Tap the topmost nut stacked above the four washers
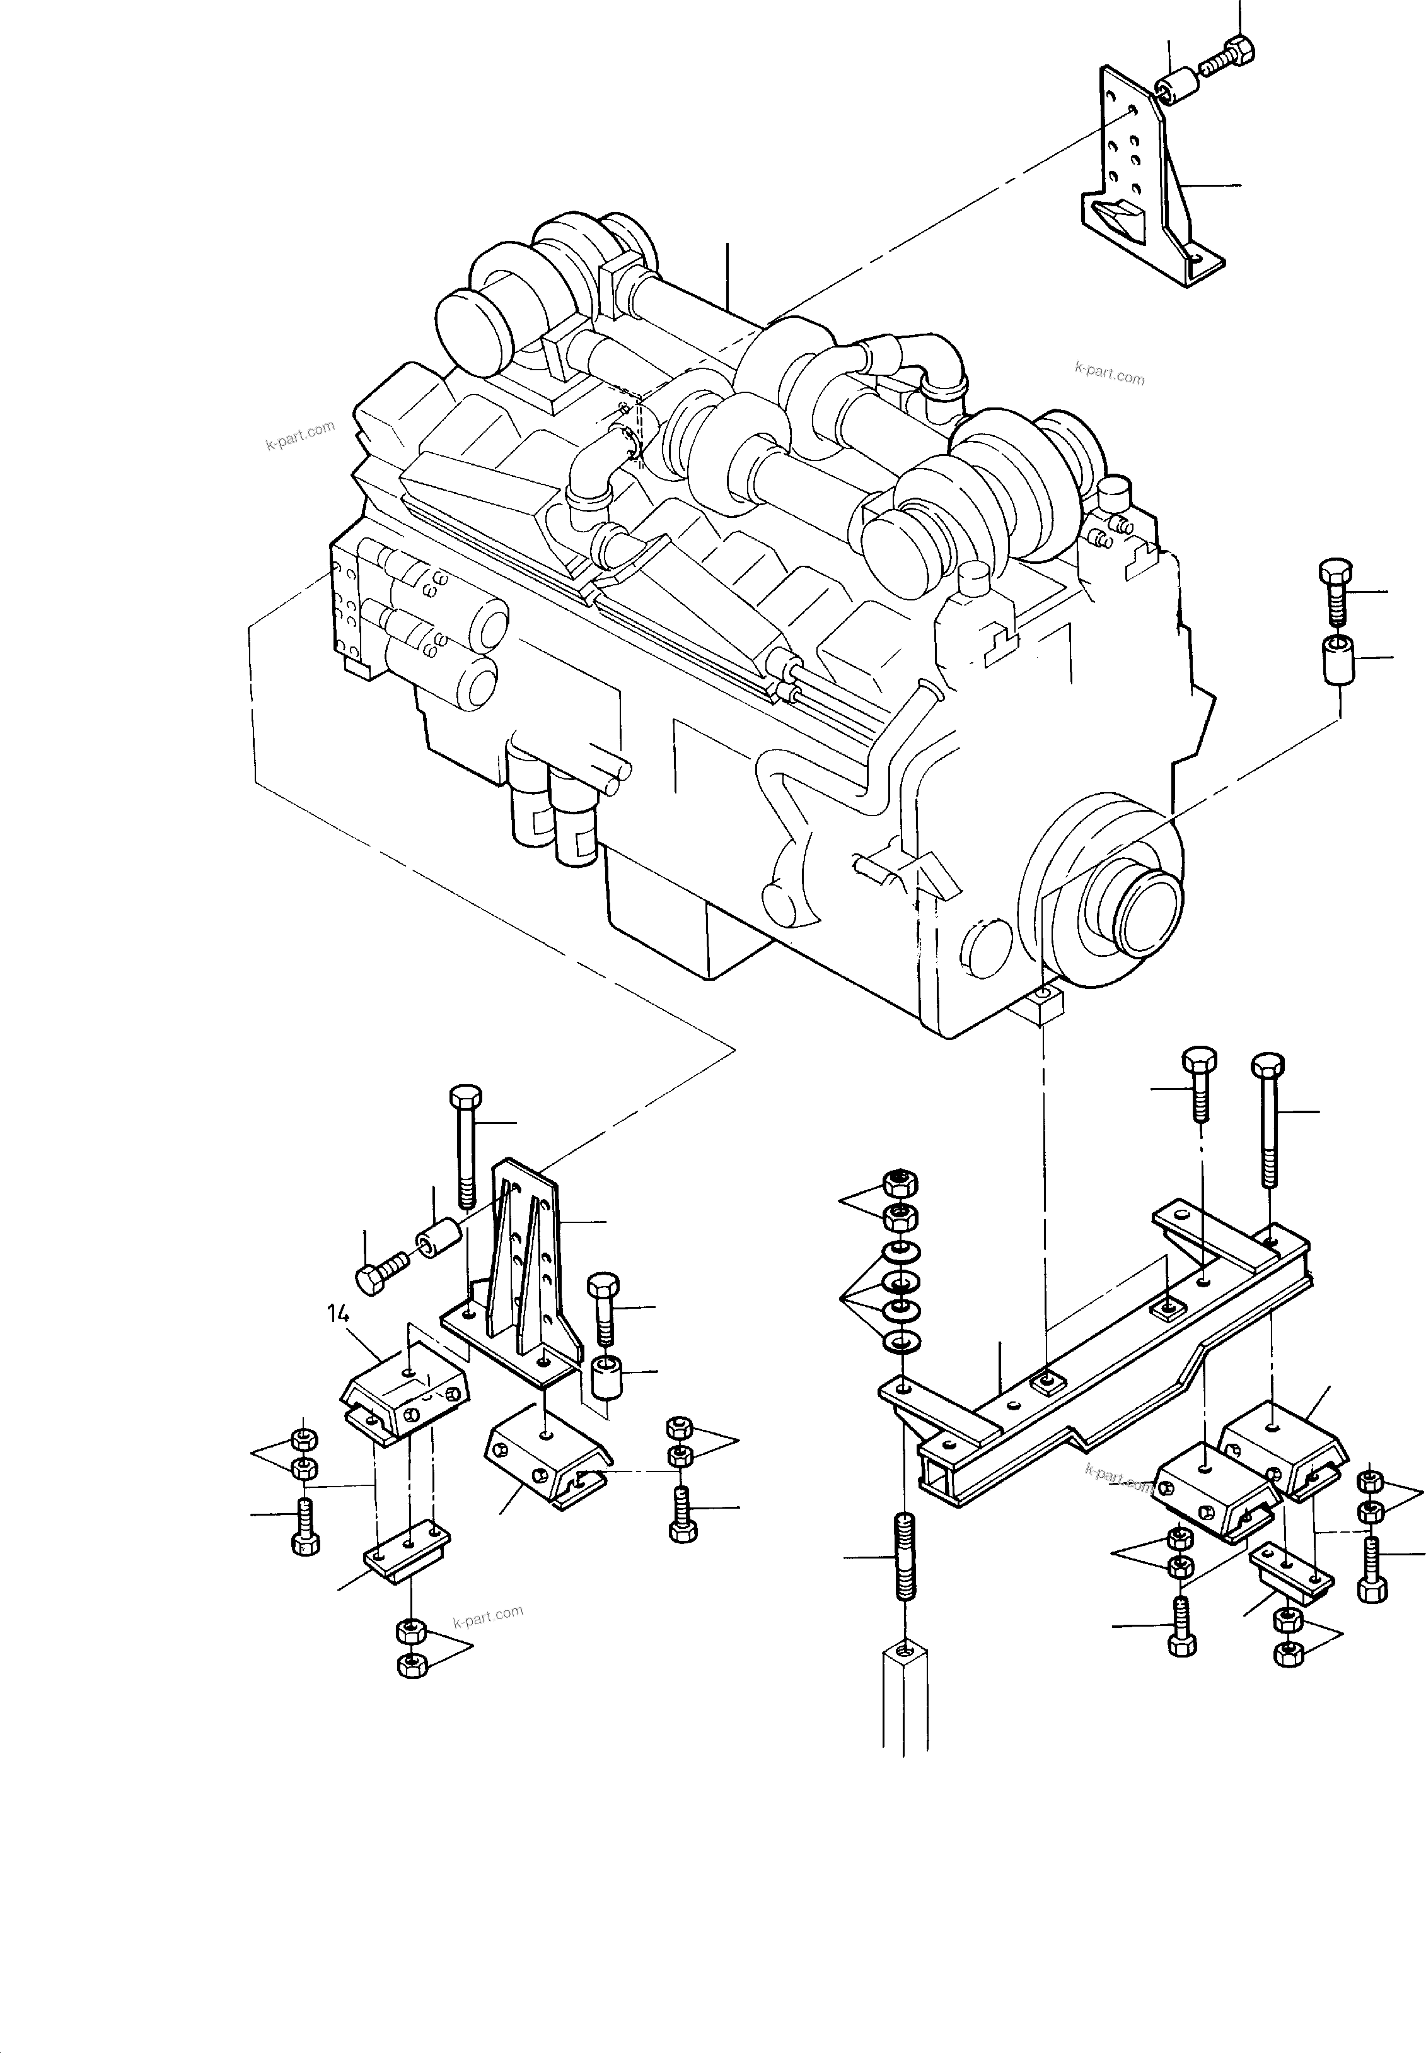click(900, 1184)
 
